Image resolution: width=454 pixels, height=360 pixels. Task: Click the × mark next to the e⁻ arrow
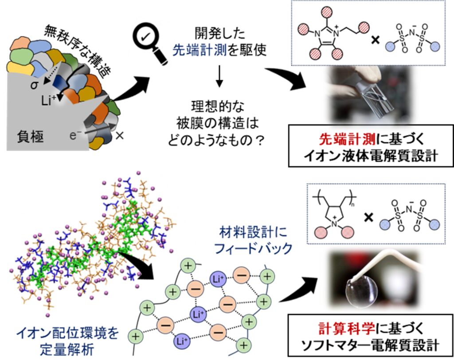(119, 135)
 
